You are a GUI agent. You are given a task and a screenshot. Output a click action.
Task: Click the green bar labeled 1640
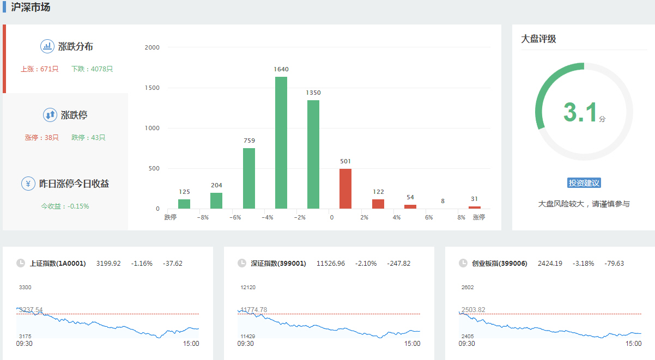click(281, 143)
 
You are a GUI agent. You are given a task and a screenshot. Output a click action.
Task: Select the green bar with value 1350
click(313, 154)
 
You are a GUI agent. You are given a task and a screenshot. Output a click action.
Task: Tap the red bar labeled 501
click(345, 188)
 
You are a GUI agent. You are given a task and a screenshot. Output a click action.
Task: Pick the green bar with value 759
click(248, 178)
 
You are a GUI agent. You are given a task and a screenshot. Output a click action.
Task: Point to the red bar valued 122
click(378, 204)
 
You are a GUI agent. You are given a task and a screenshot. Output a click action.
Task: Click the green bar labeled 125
click(184, 204)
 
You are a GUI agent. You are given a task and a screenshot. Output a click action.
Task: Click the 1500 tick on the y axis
click(152, 88)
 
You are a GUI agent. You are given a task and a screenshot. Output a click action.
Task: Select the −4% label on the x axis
click(267, 217)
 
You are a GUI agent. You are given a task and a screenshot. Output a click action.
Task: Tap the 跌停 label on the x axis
click(171, 217)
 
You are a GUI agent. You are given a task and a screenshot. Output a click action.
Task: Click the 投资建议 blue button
click(584, 183)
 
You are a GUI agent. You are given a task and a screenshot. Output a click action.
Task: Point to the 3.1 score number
click(580, 113)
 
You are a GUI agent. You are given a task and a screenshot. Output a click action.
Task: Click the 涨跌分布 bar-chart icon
click(47, 46)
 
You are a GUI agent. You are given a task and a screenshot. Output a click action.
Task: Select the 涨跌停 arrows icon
click(50, 115)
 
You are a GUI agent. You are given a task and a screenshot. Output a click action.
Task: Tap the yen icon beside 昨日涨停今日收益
click(28, 184)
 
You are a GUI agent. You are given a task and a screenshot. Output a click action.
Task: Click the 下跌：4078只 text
click(92, 69)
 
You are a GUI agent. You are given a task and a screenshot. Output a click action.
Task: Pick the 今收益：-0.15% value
click(65, 206)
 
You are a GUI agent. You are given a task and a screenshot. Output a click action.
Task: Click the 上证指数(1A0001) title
click(58, 264)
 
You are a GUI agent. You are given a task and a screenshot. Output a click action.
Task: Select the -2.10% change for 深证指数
click(366, 264)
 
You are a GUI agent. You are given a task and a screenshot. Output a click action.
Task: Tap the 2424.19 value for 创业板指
click(550, 264)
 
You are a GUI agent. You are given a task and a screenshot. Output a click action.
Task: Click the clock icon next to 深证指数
click(242, 264)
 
